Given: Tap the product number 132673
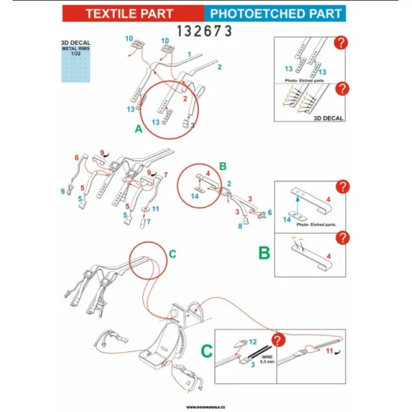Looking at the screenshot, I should pos(205,31).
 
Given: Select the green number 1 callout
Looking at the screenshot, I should pos(190,54).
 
